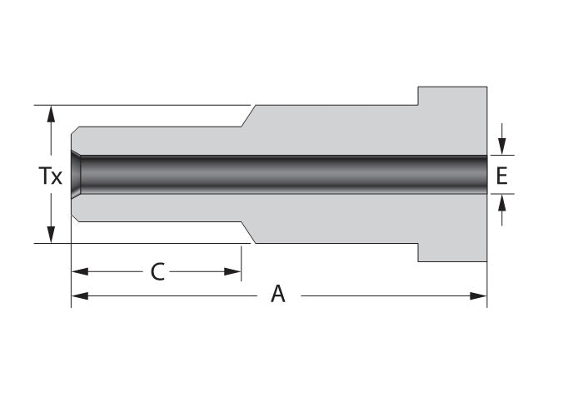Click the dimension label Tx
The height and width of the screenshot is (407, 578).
point(51,176)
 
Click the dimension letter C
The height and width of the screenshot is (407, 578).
point(157,272)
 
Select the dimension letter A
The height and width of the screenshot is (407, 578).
point(277,295)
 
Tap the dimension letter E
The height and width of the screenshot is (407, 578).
point(501,176)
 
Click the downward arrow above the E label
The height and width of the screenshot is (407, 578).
point(501,146)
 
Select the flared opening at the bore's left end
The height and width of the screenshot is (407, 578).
point(76,174)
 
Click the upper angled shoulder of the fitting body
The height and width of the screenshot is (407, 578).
point(248,116)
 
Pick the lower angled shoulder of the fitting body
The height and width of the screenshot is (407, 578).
point(248,232)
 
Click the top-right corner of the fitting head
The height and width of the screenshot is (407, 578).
point(486,87)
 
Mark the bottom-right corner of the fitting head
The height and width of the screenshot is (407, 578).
point(486,261)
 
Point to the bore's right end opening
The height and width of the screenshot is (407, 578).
point(485,174)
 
